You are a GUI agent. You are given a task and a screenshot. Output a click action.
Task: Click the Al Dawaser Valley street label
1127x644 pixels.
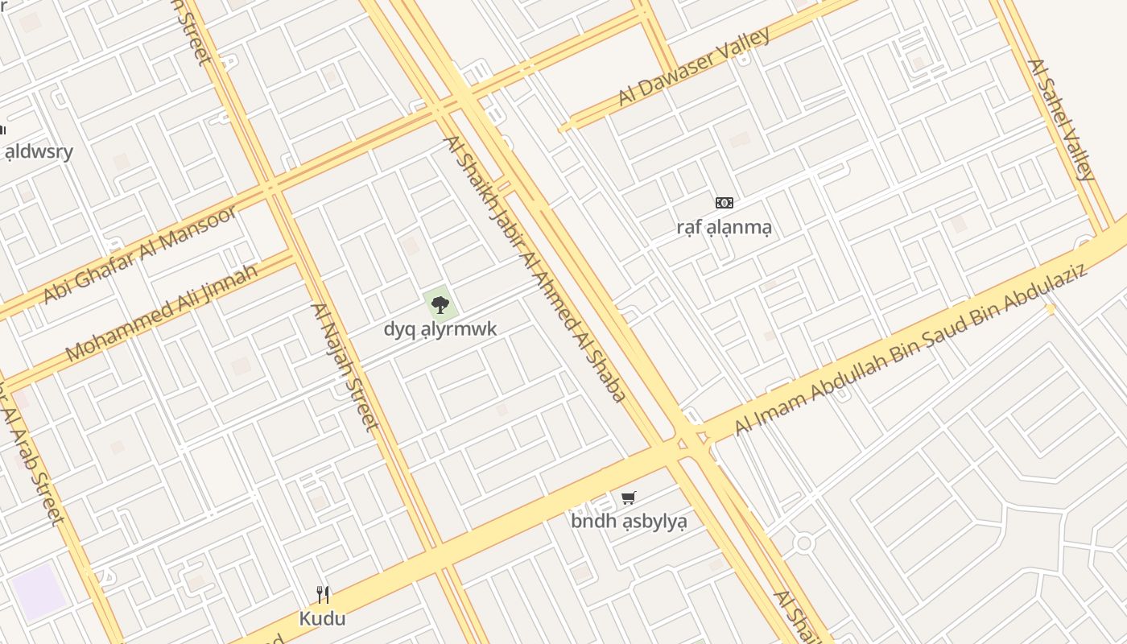694,67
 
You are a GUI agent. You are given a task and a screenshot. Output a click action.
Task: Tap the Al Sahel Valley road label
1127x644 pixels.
1061,119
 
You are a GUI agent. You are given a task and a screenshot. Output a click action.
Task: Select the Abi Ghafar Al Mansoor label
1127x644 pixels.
140,254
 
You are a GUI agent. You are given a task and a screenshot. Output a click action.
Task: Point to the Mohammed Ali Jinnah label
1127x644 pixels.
161,312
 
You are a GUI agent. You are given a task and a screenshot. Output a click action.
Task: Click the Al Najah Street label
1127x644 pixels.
345,366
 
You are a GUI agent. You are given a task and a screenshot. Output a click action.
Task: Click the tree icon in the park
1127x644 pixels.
440,304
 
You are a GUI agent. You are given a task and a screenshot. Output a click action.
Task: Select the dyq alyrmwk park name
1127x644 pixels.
440,328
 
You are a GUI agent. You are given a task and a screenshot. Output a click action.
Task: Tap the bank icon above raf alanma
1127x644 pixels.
724,203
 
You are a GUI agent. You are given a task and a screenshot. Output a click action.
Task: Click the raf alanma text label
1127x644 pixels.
724,227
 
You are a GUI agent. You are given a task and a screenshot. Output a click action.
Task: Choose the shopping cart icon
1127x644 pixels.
629,497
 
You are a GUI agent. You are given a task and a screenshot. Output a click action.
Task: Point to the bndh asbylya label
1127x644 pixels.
629,521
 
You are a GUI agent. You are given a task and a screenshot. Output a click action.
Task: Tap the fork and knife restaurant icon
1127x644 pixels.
323,595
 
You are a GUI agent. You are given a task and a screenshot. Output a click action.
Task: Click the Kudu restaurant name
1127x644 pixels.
322,618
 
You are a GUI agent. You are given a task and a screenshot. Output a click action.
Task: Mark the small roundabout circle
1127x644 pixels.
803,543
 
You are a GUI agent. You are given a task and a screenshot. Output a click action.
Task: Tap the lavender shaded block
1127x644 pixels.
38,592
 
